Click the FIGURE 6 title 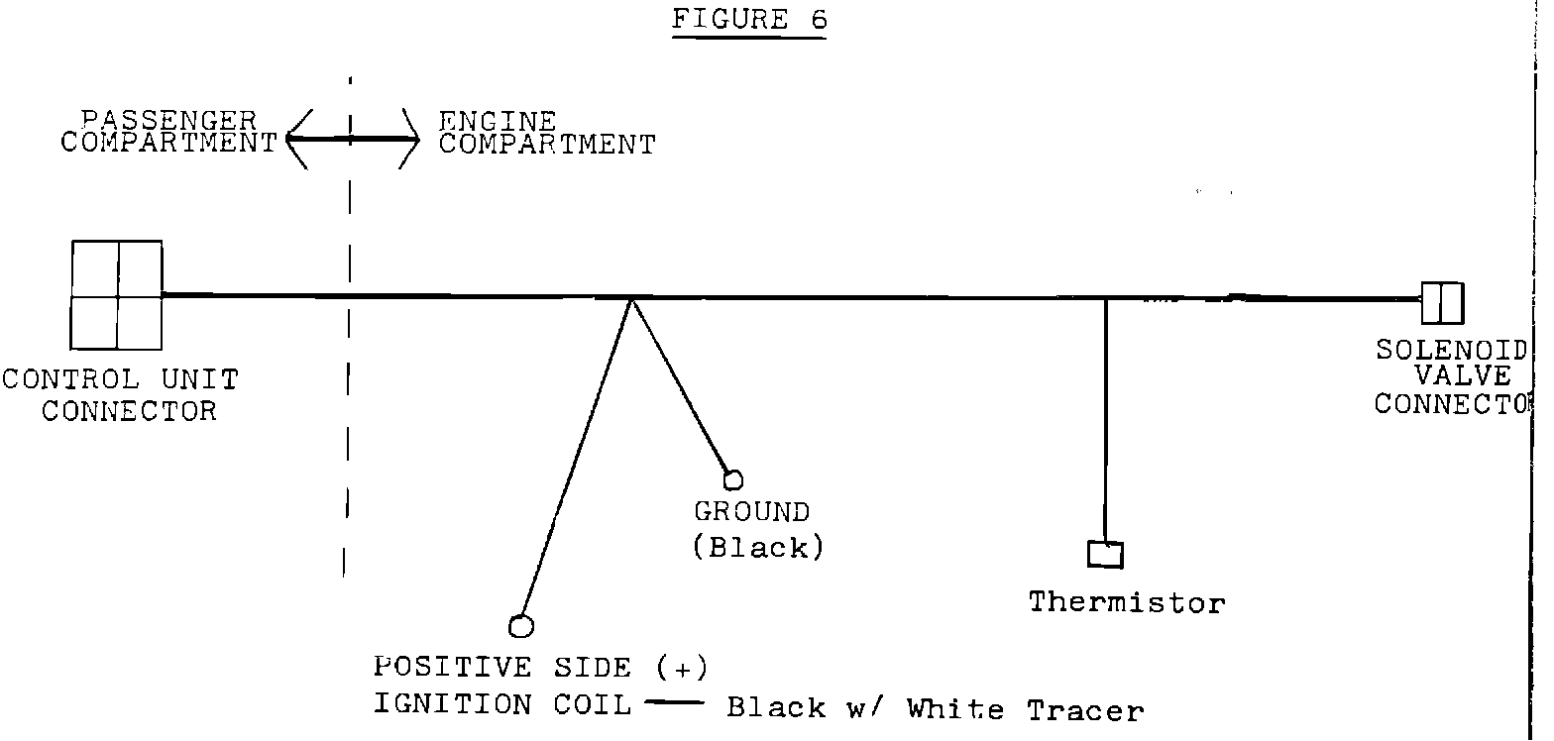(x=749, y=20)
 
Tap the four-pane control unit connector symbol (x=117, y=295)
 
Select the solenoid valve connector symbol (x=1442, y=303)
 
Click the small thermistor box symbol (x=1105, y=554)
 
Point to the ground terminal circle (x=733, y=480)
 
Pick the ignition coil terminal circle (x=521, y=626)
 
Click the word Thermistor (x=1127, y=602)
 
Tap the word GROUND (x=751, y=512)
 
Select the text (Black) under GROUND (x=758, y=547)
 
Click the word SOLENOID (x=1451, y=352)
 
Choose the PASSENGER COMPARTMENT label (x=168, y=132)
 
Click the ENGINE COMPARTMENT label (x=547, y=134)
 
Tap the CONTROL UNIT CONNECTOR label (x=121, y=394)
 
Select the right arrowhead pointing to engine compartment (x=410, y=140)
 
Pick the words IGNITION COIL (x=502, y=704)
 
